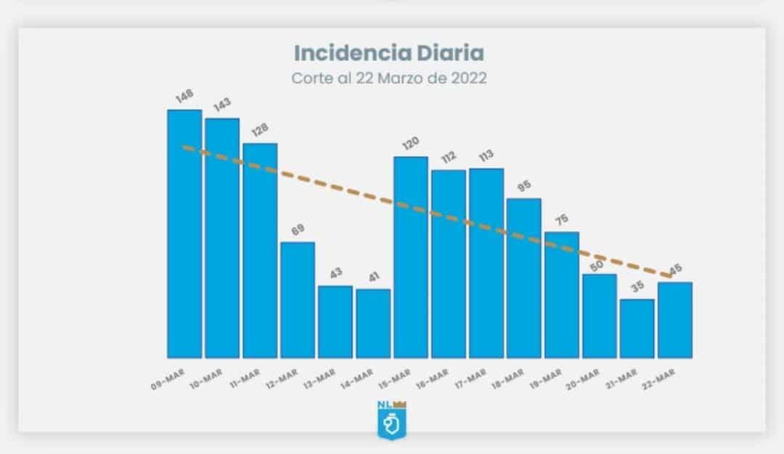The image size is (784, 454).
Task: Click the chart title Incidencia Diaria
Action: point(389,53)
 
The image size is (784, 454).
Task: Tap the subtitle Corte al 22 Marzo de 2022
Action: point(389,78)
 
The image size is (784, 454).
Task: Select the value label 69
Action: point(298,230)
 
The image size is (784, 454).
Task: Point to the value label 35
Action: point(637,287)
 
